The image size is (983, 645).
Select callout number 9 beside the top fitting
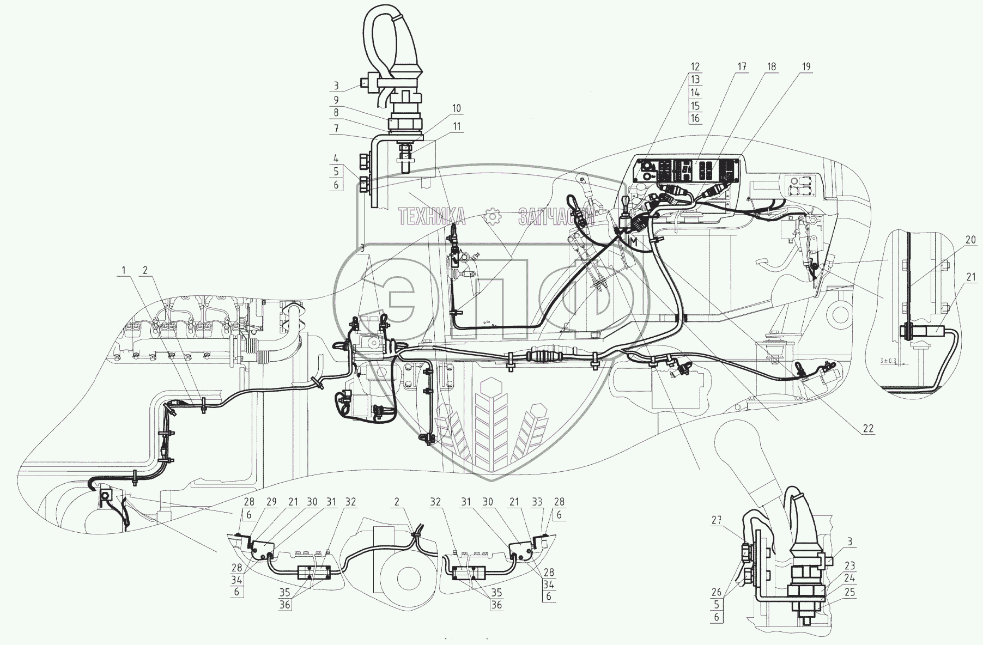(336, 100)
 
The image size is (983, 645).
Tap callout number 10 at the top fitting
(456, 108)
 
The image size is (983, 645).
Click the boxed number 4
(336, 160)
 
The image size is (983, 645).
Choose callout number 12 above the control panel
(695, 67)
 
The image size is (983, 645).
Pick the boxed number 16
(695, 118)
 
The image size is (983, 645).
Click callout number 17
(742, 67)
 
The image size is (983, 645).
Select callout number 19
(806, 67)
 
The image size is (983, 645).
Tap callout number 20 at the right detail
(970, 240)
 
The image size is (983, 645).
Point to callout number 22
(868, 429)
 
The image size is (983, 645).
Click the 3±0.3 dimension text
(887, 361)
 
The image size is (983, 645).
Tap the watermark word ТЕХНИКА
(432, 216)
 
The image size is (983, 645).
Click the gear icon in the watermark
(492, 216)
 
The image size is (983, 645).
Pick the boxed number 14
(695, 93)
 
